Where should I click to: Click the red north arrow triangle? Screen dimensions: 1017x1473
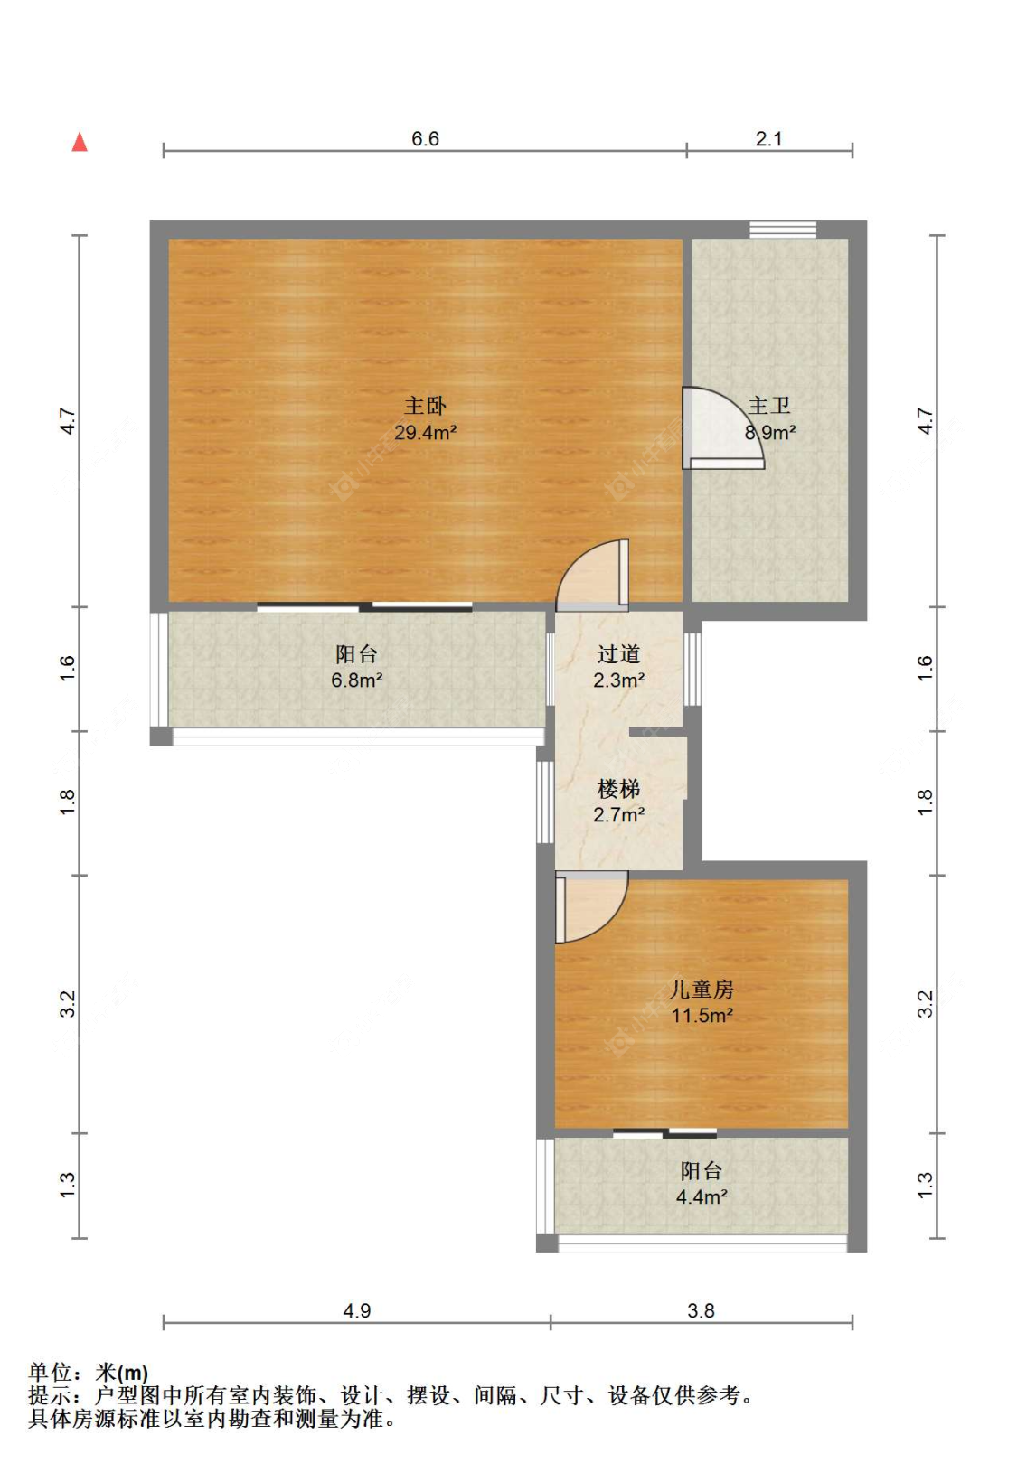(x=80, y=142)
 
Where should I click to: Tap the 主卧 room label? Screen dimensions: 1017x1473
(x=425, y=406)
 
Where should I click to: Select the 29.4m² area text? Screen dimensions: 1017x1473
(x=425, y=433)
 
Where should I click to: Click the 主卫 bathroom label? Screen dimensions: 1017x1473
(x=769, y=406)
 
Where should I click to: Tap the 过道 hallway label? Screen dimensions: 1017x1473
(x=618, y=654)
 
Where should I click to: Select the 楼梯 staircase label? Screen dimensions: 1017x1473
(x=618, y=789)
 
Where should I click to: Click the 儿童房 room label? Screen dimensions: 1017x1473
(x=702, y=989)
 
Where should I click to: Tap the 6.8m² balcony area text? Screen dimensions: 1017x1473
(x=356, y=680)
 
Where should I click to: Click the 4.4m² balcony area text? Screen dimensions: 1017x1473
(x=702, y=1196)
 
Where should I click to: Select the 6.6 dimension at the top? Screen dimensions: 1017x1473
(x=425, y=139)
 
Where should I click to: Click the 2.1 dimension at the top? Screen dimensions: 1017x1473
(x=768, y=139)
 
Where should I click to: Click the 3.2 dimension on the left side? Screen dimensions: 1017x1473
(x=68, y=1004)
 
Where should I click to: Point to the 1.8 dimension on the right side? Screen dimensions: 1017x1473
(x=924, y=802)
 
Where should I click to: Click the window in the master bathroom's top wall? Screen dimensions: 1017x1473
(x=783, y=230)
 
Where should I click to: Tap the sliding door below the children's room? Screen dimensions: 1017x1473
(x=664, y=1133)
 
